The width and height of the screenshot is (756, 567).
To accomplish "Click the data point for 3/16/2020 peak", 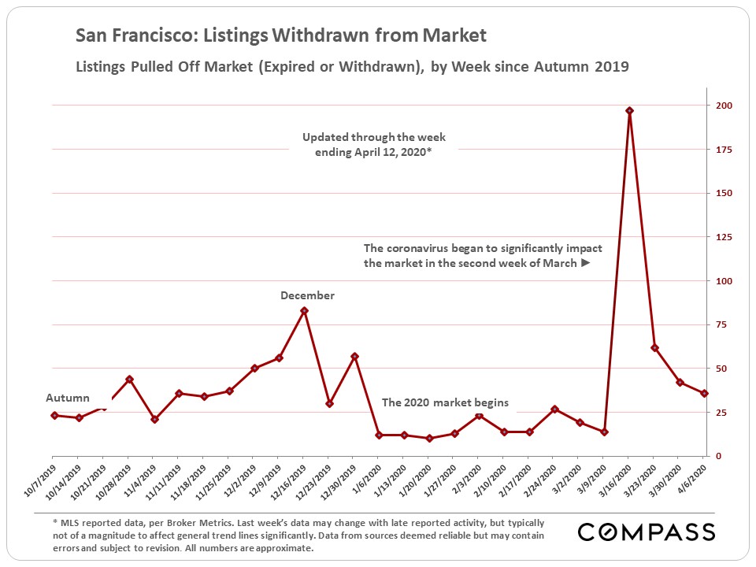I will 629,111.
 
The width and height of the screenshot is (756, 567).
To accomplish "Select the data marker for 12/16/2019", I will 304,310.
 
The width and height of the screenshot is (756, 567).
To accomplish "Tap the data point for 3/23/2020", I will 654,347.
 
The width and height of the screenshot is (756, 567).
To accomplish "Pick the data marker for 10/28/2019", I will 129,379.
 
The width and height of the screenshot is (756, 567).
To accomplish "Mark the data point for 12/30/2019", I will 354,356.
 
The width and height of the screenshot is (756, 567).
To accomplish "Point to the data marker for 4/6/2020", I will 705,393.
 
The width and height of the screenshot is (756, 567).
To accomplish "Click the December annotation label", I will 307,295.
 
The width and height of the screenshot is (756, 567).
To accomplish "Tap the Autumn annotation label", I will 68,398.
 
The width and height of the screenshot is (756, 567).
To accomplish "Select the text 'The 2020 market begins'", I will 445,402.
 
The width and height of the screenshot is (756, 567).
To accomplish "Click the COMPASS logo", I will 646,532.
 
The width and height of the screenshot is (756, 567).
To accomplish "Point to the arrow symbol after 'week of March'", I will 585,263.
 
